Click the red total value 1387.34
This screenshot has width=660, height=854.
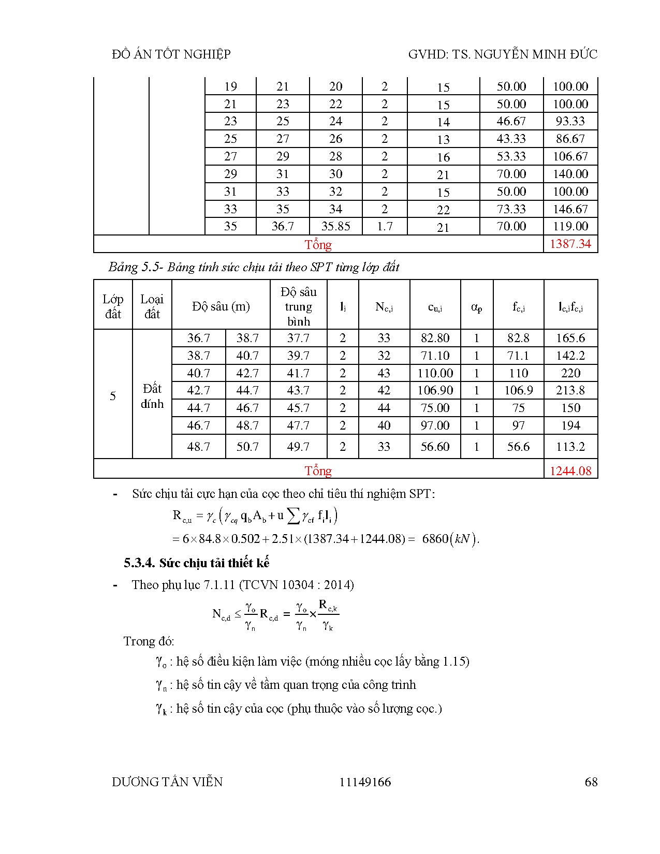[x=570, y=244]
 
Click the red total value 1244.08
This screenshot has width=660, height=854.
[x=570, y=470]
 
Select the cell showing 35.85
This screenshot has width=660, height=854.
[x=335, y=226]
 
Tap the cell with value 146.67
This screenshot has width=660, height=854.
[x=570, y=209]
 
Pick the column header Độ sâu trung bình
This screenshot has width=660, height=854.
[x=298, y=306]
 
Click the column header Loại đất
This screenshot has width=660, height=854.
[x=152, y=306]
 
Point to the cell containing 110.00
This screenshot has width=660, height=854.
[x=435, y=373]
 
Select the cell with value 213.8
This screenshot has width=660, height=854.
[x=570, y=390]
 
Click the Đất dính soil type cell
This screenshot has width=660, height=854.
[x=152, y=396]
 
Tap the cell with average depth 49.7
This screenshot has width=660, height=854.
[x=298, y=447]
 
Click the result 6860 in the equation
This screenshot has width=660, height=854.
[x=435, y=539]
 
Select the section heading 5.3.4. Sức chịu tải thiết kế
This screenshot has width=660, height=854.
[x=196, y=563]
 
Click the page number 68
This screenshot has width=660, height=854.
[x=591, y=782]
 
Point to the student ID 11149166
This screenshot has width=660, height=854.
[x=365, y=782]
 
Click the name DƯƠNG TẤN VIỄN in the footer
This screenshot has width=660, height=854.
[x=167, y=782]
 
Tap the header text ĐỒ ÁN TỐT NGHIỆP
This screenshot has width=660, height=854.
[x=171, y=54]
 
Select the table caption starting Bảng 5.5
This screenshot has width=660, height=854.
[x=254, y=267]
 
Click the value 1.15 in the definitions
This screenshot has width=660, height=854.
[x=454, y=661]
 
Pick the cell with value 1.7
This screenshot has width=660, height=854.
[x=385, y=226]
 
